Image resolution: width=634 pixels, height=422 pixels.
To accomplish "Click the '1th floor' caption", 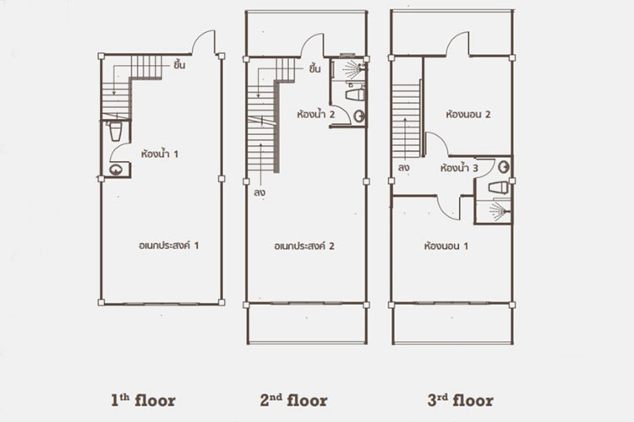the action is pyautogui.click(x=143, y=401).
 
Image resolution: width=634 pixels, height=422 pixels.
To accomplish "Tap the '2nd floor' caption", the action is pyautogui.click(x=294, y=401).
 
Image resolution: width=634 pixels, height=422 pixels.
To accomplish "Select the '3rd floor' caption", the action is pyautogui.click(x=461, y=401).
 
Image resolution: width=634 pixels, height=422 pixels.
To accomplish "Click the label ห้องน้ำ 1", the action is pyautogui.click(x=160, y=154).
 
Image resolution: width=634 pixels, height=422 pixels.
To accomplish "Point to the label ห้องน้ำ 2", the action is pyautogui.click(x=316, y=114).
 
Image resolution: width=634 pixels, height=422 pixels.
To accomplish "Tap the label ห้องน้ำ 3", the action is pyautogui.click(x=459, y=168).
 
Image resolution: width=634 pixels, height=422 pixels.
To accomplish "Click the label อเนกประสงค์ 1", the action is pyautogui.click(x=169, y=246).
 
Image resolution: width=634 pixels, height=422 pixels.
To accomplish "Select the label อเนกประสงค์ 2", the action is pyautogui.click(x=304, y=246).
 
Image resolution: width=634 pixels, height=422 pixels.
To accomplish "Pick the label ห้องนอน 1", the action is pyautogui.click(x=446, y=246).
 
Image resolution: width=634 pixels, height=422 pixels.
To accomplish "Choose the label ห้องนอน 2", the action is pyautogui.click(x=468, y=114).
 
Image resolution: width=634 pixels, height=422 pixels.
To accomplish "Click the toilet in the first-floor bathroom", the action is pyautogui.click(x=116, y=132).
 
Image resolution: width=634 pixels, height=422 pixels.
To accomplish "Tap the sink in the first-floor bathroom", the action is pyautogui.click(x=116, y=170).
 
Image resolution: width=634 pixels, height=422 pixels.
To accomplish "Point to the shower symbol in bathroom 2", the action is pyautogui.click(x=354, y=68).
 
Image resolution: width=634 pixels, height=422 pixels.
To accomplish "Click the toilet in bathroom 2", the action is pyautogui.click(x=355, y=95).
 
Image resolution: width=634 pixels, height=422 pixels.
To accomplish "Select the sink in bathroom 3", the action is pyautogui.click(x=504, y=167).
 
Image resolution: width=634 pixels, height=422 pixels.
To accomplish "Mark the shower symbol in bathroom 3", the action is pyautogui.click(x=500, y=211).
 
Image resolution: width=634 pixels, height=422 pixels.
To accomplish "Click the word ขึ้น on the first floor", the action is pyautogui.click(x=179, y=65).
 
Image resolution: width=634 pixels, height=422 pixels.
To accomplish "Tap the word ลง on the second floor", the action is pyautogui.click(x=260, y=192).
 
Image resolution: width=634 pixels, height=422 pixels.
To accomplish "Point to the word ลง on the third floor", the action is pyautogui.click(x=403, y=168).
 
